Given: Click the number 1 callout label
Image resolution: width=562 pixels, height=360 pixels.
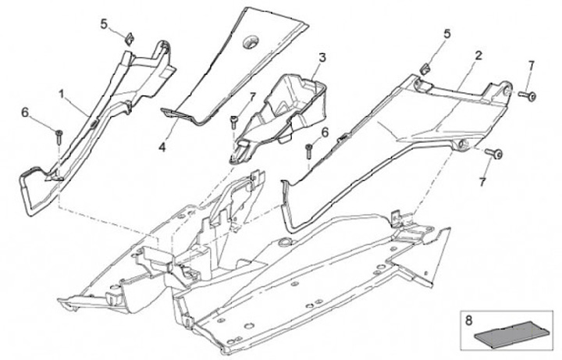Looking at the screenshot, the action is [61, 94].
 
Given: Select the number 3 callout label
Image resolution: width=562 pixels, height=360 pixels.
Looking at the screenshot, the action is [322, 58].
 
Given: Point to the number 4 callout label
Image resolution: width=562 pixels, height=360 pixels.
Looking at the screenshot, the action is [162, 146].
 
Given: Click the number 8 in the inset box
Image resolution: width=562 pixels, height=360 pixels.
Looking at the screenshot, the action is [468, 319].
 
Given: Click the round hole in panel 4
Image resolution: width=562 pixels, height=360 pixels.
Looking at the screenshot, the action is [253, 40].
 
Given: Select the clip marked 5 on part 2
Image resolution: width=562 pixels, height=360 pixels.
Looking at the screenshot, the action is [425, 64].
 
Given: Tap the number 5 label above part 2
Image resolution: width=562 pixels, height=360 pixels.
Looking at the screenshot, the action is [446, 34].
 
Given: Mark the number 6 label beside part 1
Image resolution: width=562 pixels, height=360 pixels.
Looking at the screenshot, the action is [25, 112].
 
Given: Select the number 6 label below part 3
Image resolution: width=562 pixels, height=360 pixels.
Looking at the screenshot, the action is [325, 131].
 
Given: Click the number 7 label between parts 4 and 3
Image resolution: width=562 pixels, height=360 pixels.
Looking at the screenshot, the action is [251, 96].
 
